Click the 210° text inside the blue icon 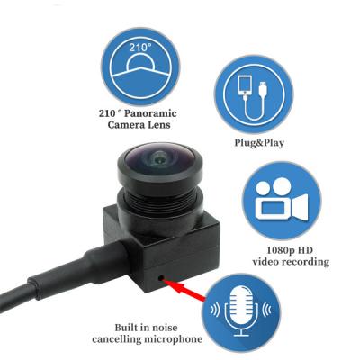pyautogui.click(x=140, y=48)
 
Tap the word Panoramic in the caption pyautogui.click(x=150, y=113)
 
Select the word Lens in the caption pyautogui.click(x=160, y=125)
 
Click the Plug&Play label pyautogui.click(x=259, y=143)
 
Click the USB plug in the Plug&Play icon pyautogui.click(x=263, y=88)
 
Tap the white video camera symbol pyautogui.click(x=282, y=199)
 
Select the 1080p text pyautogui.click(x=280, y=250)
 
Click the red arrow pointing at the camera pyautogui.click(x=185, y=289)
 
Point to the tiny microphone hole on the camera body pyautogui.click(x=161, y=277)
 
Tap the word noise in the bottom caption pyautogui.click(x=164, y=328)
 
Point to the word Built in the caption pyautogui.click(x=125, y=328)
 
